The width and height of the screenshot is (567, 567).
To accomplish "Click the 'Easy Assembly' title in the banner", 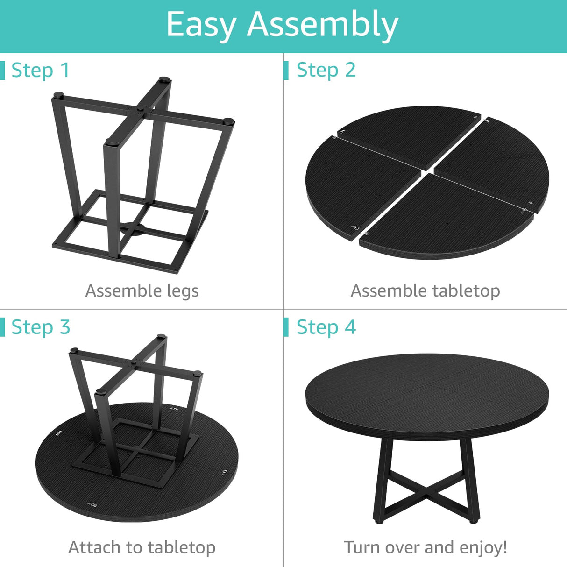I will [282, 24].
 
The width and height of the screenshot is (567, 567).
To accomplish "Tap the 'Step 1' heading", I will [41, 71].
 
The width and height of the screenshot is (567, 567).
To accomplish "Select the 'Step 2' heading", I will [326, 70].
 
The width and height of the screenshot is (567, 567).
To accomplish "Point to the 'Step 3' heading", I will [41, 327].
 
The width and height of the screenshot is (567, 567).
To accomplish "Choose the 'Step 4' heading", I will [326, 327].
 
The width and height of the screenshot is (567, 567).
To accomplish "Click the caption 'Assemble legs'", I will [142, 291].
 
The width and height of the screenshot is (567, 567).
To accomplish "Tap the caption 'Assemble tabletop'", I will [425, 291].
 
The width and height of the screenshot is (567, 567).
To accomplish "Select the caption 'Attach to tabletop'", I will [142, 547].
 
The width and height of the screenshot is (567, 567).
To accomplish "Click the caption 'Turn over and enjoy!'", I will [425, 547].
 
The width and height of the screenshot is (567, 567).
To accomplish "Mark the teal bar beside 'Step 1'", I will [2, 71].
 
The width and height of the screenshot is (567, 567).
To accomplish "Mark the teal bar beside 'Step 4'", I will [286, 327].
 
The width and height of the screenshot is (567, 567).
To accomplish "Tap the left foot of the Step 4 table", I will [377, 519].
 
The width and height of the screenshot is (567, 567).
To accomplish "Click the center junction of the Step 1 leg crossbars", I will [139, 111].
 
